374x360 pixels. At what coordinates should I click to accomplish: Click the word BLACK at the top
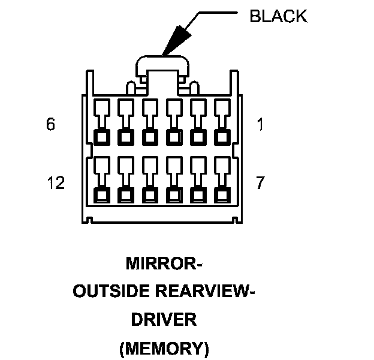tap(278, 16)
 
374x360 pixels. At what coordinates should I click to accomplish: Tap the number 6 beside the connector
tap(51, 125)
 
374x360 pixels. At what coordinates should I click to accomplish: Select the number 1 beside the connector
tap(260, 125)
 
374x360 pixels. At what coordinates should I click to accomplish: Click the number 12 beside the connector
tap(55, 183)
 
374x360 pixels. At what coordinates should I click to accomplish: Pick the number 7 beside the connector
tap(260, 183)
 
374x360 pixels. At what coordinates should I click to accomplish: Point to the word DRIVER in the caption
tap(164, 319)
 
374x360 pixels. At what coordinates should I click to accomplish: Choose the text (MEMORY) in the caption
tap(164, 347)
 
